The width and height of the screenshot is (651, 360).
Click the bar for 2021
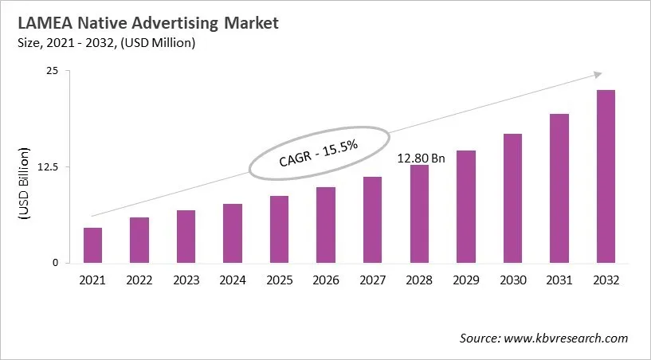click(x=93, y=245)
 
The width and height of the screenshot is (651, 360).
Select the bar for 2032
click(x=605, y=177)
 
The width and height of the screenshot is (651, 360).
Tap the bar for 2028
click(x=419, y=214)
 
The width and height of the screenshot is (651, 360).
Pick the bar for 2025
click(x=279, y=229)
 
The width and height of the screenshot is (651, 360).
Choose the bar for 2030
click(x=512, y=198)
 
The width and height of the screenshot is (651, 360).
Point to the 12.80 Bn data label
click(x=422, y=158)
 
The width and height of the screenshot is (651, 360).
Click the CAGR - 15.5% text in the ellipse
click(x=319, y=152)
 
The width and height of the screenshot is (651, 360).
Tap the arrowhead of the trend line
click(x=597, y=74)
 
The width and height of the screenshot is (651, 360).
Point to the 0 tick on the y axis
click(x=56, y=263)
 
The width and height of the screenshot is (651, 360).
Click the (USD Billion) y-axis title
click(x=23, y=184)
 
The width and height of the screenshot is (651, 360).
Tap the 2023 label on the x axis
click(x=186, y=280)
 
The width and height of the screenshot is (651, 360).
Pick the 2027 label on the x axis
click(x=372, y=280)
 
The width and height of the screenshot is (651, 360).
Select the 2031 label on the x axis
click(x=559, y=280)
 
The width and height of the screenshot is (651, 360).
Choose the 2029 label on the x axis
click(x=465, y=280)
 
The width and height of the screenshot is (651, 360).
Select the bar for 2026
click(x=326, y=225)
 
